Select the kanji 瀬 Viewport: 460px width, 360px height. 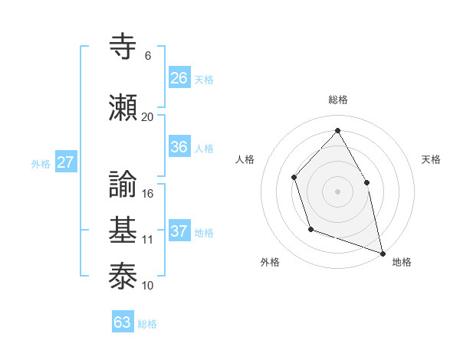[124, 107]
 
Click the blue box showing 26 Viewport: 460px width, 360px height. [179, 78]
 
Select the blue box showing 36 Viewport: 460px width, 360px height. [179, 148]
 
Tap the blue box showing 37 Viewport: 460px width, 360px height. [179, 232]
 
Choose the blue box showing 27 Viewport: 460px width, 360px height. [66, 162]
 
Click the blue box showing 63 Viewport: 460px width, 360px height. [123, 322]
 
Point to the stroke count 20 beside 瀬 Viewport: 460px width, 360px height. [147, 117]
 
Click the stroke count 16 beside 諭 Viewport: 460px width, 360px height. [148, 194]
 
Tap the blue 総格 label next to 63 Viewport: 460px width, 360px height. [147, 324]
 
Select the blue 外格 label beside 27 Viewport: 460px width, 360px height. [41, 163]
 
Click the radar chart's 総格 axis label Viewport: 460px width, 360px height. [338, 100]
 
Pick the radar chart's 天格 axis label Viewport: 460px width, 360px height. [432, 159]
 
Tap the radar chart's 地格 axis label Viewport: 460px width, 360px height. [402, 262]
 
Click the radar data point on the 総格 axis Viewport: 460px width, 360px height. [337, 130]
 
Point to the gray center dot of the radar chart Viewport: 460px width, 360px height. [337, 191]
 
